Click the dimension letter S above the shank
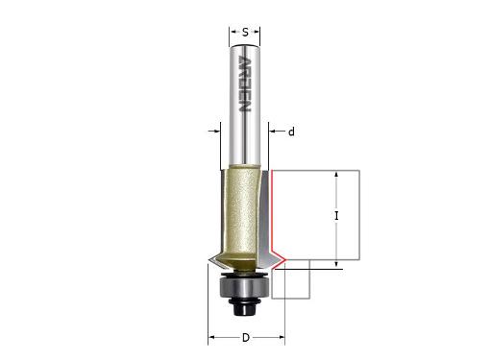[245, 32]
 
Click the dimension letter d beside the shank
[291, 132]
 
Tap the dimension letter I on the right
[336, 216]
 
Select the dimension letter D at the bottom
[246, 337]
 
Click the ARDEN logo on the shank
[245, 84]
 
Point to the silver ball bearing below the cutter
[245, 288]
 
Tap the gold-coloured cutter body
[239, 218]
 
